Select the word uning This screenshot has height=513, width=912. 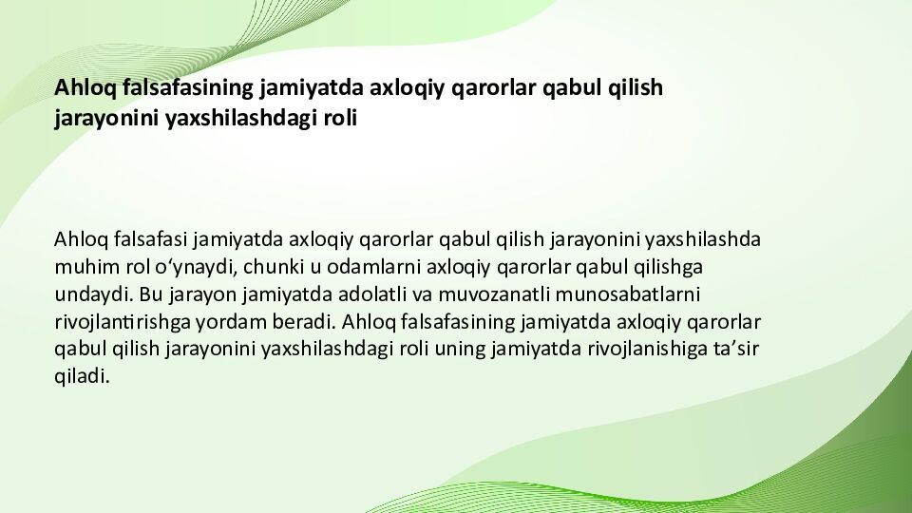click(x=461, y=348)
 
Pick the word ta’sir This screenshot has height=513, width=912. click(x=737, y=348)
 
